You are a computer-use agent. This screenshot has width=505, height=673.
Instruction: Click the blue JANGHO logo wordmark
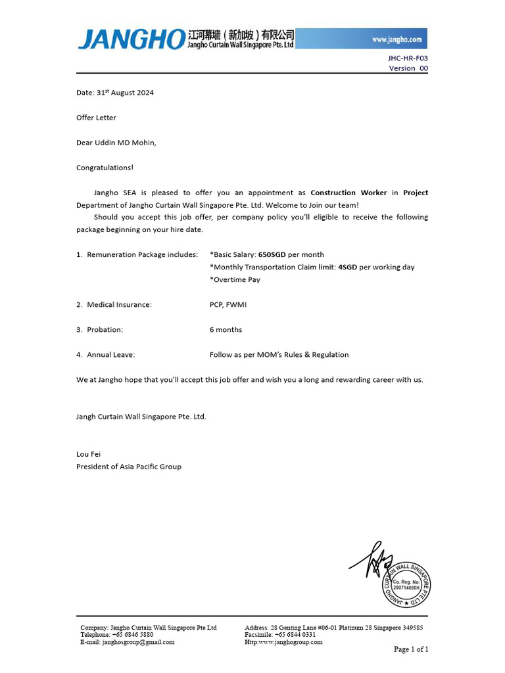tap(130, 39)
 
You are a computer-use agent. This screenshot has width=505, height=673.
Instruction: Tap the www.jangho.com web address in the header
tap(397, 39)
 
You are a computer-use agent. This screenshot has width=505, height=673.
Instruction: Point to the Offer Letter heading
tap(96, 118)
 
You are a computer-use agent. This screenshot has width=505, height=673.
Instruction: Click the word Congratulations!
tap(105, 168)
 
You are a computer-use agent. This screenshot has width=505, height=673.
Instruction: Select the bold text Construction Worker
tap(348, 193)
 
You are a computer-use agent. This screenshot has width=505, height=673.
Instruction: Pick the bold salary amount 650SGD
tap(272, 254)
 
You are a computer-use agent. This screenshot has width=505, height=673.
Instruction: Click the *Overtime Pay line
tap(235, 280)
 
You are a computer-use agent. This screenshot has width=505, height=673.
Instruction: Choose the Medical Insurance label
tap(119, 305)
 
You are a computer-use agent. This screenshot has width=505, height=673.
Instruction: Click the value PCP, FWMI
tap(228, 305)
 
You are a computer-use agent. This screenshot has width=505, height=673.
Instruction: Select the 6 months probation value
tap(226, 330)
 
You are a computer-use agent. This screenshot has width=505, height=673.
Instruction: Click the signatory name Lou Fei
tap(89, 454)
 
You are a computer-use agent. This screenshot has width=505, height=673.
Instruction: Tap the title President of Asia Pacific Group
tap(129, 467)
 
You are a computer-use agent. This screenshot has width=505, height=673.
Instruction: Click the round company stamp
tap(406, 582)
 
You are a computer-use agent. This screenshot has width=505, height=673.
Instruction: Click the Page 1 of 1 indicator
tap(411, 649)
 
